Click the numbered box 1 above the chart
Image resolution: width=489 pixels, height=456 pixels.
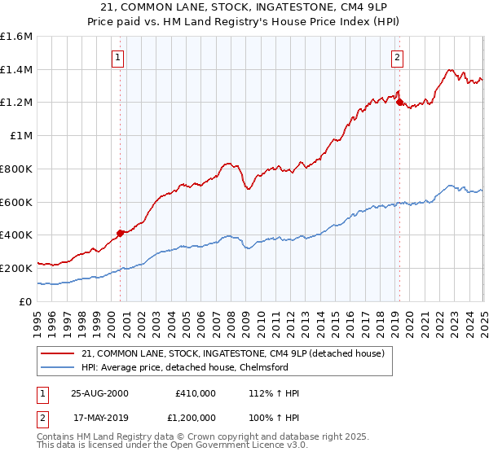(x=119, y=57)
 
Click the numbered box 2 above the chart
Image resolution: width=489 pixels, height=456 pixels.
(x=397, y=57)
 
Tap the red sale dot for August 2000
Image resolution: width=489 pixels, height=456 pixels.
(x=121, y=233)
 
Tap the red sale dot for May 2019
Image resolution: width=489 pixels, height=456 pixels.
(x=399, y=102)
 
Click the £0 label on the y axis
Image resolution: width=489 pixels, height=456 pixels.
(x=26, y=301)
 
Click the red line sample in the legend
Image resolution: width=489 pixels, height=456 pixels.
(x=59, y=353)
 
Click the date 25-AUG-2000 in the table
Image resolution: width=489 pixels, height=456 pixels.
(x=99, y=393)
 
